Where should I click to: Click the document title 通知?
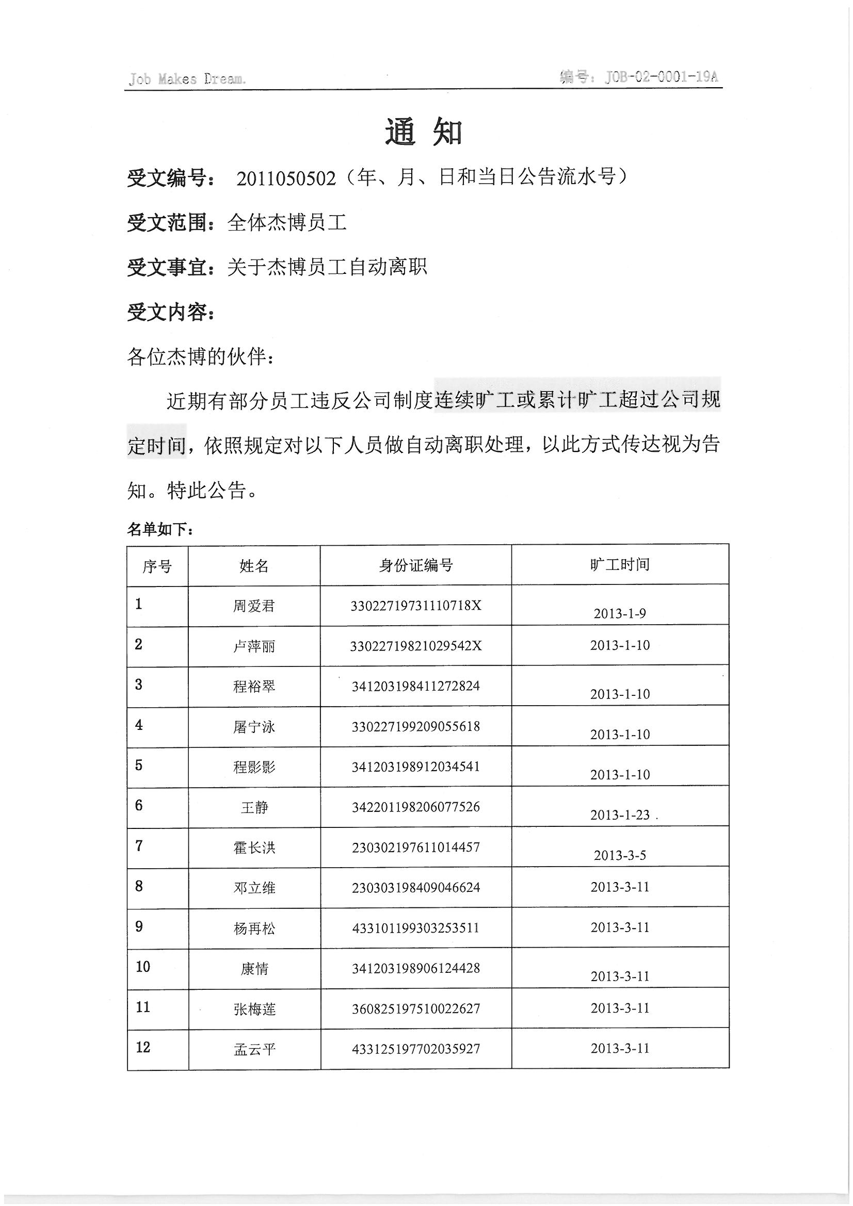click(x=424, y=132)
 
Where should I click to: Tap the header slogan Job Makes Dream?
click(x=187, y=79)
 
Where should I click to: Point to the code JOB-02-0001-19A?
click(x=661, y=77)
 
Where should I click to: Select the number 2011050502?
click(x=286, y=178)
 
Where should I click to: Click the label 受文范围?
click(x=168, y=223)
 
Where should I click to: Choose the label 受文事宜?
click(x=168, y=268)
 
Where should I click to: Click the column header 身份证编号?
click(x=416, y=565)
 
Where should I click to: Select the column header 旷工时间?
click(x=620, y=565)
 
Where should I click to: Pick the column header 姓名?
click(x=254, y=566)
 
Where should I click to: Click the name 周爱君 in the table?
click(x=254, y=606)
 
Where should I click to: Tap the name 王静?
click(x=254, y=807)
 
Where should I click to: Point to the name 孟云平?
click(x=254, y=1050)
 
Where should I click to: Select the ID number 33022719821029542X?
click(x=416, y=646)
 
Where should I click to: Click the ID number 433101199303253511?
click(x=416, y=927)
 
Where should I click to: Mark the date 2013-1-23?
click(x=620, y=814)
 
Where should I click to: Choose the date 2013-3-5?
click(x=620, y=855)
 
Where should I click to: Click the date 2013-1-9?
click(x=620, y=613)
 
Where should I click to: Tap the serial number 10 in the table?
click(x=143, y=967)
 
